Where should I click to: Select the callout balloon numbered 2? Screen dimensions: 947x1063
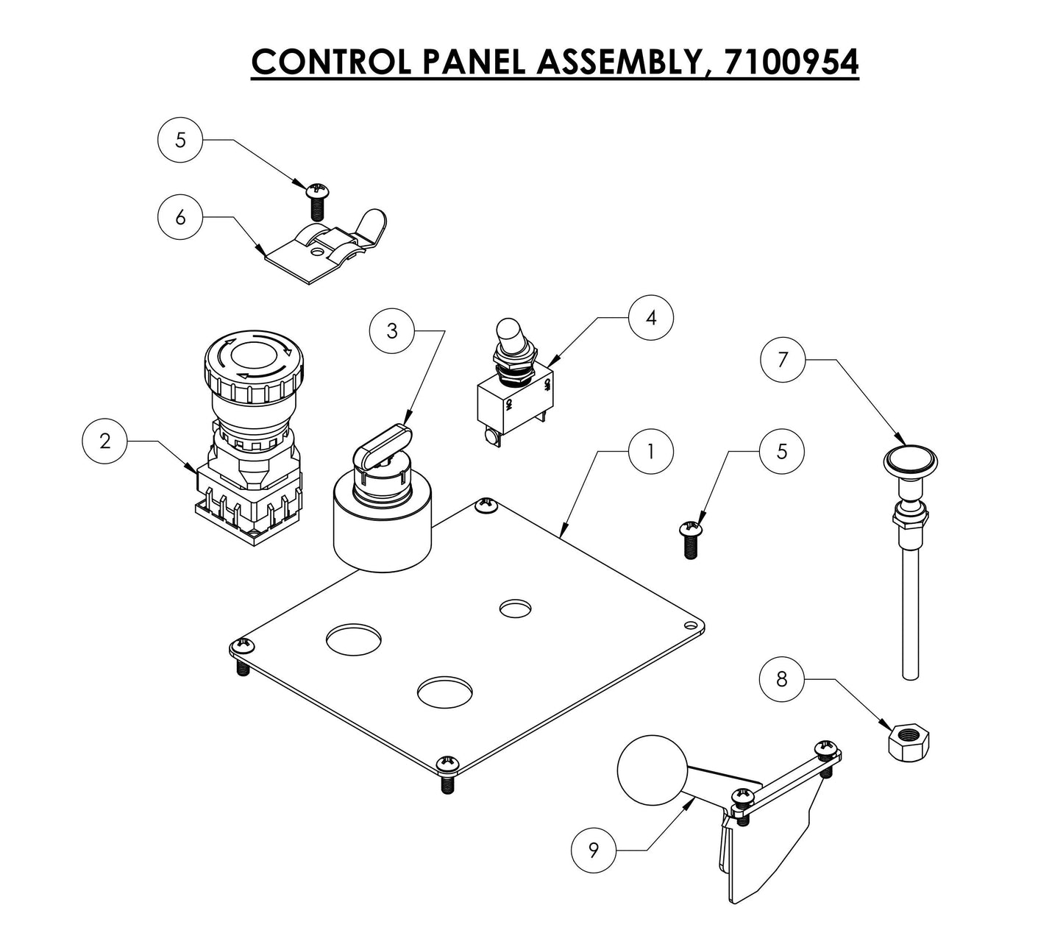click(104, 441)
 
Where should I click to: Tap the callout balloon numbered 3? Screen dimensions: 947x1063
click(392, 331)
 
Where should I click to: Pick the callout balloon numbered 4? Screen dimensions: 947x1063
click(650, 317)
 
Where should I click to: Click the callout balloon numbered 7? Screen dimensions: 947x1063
click(783, 360)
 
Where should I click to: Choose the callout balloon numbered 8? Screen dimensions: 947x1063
click(781, 679)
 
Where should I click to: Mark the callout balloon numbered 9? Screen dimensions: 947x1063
click(594, 851)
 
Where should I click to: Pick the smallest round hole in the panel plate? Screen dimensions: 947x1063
click(515, 609)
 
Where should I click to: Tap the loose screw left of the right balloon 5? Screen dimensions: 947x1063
click(689, 539)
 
